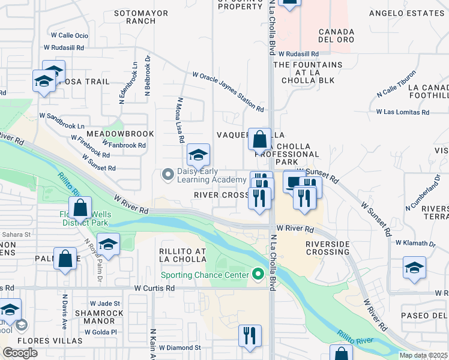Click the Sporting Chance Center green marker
pyautogui.click(x=259, y=275)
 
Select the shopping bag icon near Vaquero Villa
pyautogui.click(x=260, y=140)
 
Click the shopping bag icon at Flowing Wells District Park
pyautogui.click(x=80, y=208)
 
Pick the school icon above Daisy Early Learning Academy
pyautogui.click(x=198, y=155)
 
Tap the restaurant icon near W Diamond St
pyautogui.click(x=250, y=335)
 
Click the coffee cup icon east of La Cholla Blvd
pyautogui.click(x=294, y=181)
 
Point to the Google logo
pyautogui.click(x=20, y=352)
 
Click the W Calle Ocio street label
pyautogui.click(x=70, y=36)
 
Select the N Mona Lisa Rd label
pyautogui.click(x=180, y=120)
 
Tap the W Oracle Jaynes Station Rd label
pyautogui.click(x=228, y=92)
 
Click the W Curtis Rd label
pyautogui.click(x=154, y=289)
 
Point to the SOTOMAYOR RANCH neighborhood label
pyautogui.click(x=134, y=16)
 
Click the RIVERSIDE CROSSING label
pyautogui.click(x=328, y=248)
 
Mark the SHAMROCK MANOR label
pyautogui.click(x=100, y=317)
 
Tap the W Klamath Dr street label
pyautogui.click(x=415, y=242)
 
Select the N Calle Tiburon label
pyautogui.click(x=396, y=89)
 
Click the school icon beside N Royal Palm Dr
pyautogui.click(x=108, y=244)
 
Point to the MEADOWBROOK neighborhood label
pyautogui.click(x=120, y=133)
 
